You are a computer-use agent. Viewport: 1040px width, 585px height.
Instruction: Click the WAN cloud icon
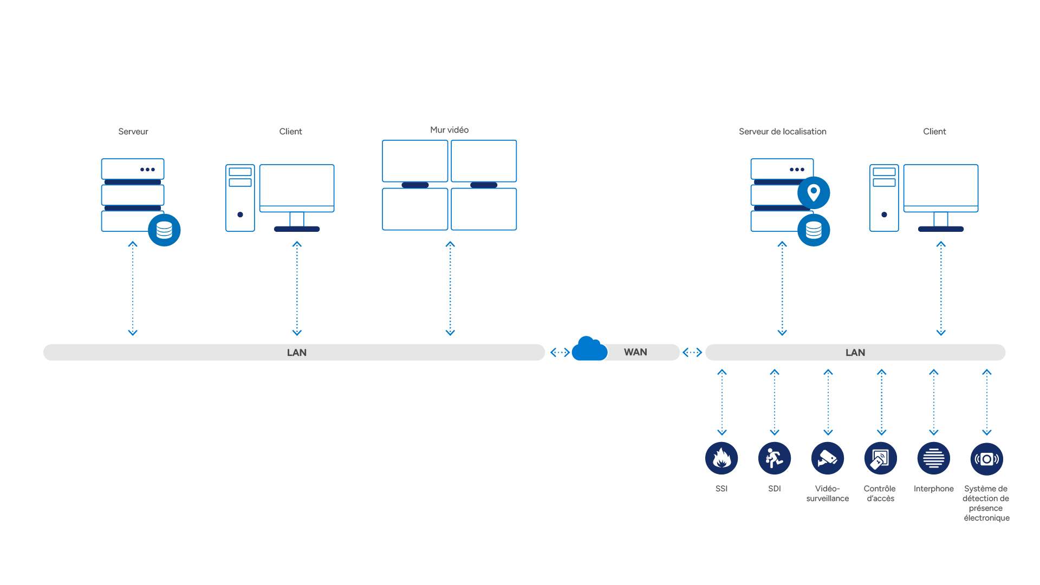coord(589,349)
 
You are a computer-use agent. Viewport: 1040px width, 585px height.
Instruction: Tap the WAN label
coord(635,352)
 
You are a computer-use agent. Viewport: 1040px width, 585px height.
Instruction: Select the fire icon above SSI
coord(721,458)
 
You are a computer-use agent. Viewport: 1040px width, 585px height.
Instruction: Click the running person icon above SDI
coord(775,458)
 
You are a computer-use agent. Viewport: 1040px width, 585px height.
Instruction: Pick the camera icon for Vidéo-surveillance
coord(828,458)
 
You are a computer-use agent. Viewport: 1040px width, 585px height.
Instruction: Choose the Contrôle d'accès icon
coord(881,458)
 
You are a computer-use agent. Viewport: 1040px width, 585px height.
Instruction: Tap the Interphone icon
coord(934,458)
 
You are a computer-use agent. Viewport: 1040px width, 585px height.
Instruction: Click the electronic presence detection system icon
coord(987,459)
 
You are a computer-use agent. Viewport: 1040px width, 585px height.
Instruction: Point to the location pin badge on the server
coord(814,193)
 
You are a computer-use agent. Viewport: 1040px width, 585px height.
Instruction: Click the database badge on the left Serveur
coord(164,230)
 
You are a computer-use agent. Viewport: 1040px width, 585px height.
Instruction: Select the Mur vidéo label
coord(450,130)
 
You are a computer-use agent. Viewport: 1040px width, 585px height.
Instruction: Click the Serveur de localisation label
coord(783,132)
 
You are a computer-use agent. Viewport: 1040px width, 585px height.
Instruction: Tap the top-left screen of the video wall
coord(415,161)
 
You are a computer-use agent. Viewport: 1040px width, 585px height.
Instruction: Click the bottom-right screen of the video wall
coord(484,209)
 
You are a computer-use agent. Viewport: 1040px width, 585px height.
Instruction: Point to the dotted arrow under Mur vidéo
coord(450,289)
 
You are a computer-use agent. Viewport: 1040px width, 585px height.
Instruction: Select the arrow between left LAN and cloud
coord(560,353)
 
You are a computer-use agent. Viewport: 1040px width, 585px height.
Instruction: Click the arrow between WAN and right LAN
coord(692,353)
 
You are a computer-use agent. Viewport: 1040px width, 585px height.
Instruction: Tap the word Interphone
coord(934,489)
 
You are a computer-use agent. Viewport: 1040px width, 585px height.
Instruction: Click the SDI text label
coord(775,489)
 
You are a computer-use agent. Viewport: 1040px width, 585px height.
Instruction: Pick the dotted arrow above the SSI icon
coord(722,402)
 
